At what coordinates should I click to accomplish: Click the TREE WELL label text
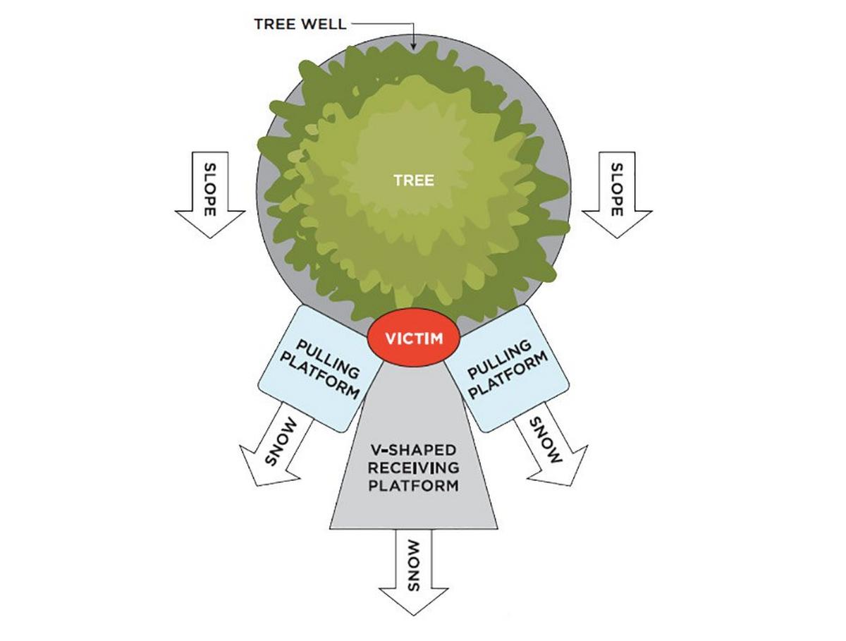pos(300,25)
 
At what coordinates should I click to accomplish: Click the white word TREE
pos(414,180)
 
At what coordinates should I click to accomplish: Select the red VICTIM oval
pos(414,338)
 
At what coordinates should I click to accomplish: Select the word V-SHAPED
pos(415,449)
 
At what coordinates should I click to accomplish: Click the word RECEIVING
pos(415,467)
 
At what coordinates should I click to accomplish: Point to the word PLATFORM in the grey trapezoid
pos(415,485)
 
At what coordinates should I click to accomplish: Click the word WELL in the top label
pos(323,25)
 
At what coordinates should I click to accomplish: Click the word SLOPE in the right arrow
pos(617,189)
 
